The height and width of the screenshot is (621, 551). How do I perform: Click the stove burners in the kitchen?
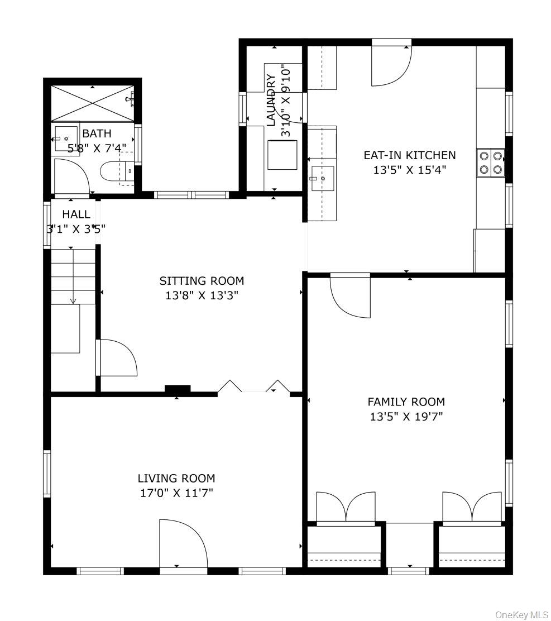[x=491, y=163]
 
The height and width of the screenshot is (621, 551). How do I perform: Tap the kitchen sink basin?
[x=323, y=179]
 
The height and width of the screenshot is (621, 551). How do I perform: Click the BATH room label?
[x=97, y=133]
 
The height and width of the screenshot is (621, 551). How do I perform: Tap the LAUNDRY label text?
[x=271, y=100]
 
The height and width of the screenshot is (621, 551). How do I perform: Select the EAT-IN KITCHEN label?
[x=410, y=155]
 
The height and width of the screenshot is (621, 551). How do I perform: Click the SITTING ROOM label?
[x=202, y=281]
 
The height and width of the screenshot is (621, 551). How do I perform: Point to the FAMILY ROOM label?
[x=406, y=402]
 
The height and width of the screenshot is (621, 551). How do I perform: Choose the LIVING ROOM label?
[x=176, y=479]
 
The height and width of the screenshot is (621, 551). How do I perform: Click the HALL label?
[x=76, y=214]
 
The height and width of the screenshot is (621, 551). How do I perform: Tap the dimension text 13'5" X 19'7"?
[x=406, y=417]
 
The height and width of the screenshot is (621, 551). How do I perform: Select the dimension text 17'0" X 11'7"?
[x=176, y=493]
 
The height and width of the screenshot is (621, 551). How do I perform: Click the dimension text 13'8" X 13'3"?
[x=202, y=295]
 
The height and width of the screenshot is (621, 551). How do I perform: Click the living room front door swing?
[x=183, y=543]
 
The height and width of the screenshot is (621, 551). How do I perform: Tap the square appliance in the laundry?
[x=282, y=155]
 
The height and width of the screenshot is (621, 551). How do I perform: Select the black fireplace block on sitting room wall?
[x=178, y=389]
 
